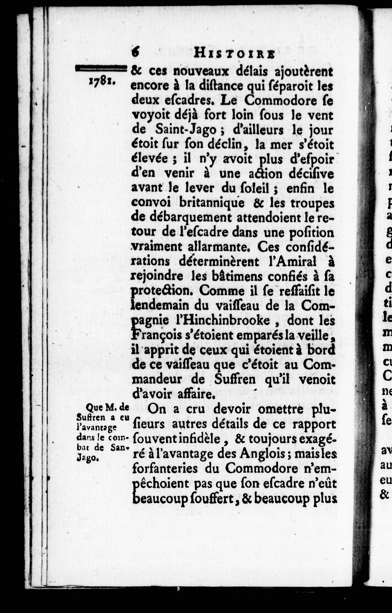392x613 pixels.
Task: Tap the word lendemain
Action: click(x=157, y=306)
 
